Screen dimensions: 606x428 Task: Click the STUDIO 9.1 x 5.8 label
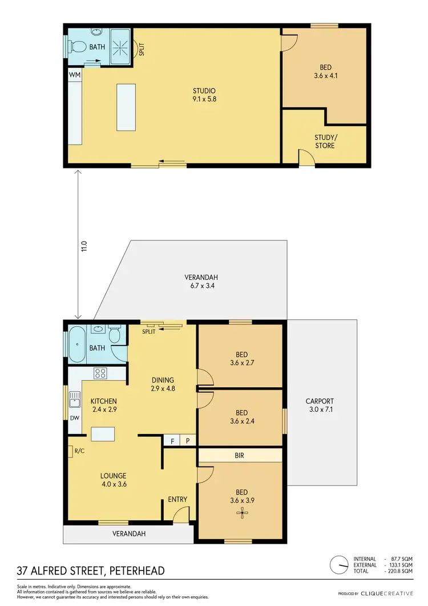point(204,95)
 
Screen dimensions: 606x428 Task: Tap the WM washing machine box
point(74,75)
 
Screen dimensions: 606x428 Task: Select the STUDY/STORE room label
point(325,142)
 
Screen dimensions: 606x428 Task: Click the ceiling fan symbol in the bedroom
point(244,512)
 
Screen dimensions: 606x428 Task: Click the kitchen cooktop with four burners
point(100,374)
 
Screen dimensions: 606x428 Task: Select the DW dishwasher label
point(74,418)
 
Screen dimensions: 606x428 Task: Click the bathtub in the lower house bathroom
point(76,344)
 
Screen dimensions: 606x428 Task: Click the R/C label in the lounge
point(78,451)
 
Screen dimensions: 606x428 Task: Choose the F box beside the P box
point(172,441)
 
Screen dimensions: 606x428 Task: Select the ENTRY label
point(177,500)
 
